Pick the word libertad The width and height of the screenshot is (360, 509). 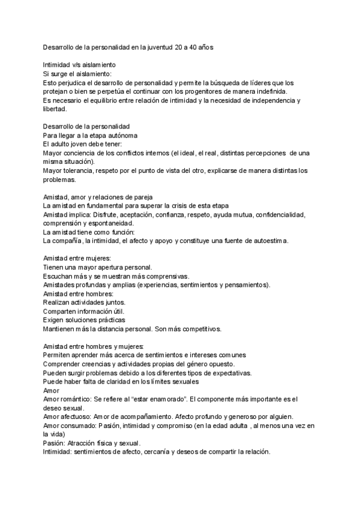coord(56,109)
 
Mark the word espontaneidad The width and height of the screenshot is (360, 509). coord(110,223)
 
